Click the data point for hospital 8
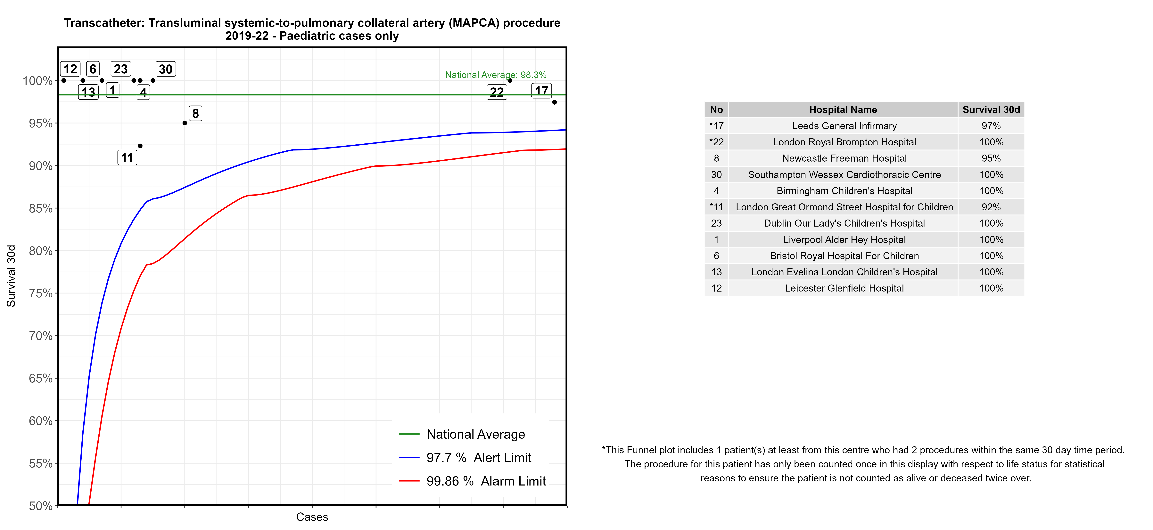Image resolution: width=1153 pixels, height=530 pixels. (185, 123)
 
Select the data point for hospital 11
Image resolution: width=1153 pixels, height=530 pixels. (140, 146)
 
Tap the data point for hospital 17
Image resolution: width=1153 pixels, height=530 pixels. (555, 102)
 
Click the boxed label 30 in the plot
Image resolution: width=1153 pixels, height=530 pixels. (166, 69)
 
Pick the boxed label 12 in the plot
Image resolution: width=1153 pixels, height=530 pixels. (70, 69)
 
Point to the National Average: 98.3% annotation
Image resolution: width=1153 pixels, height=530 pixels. (496, 75)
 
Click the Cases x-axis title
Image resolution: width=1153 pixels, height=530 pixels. (312, 517)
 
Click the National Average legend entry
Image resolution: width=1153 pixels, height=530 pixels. (475, 434)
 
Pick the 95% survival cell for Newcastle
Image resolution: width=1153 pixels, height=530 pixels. (991, 158)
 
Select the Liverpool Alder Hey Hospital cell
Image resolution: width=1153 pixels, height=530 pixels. (844, 240)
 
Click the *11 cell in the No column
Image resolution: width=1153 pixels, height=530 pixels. (716, 207)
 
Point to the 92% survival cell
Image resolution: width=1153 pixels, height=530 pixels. (991, 207)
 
